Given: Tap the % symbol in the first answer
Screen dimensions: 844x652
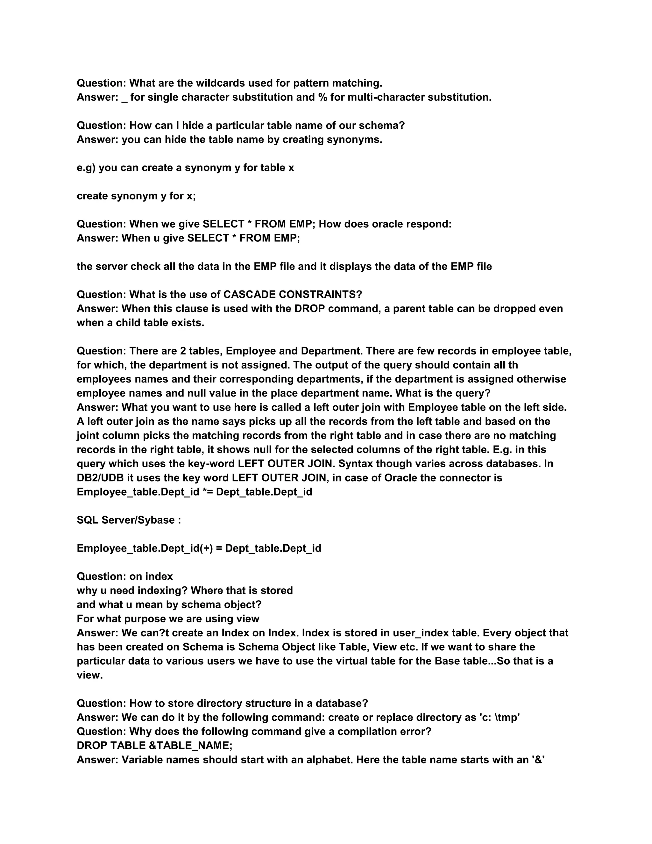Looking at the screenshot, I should tap(322, 97).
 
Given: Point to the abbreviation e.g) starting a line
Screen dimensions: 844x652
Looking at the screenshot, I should tap(86, 168).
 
